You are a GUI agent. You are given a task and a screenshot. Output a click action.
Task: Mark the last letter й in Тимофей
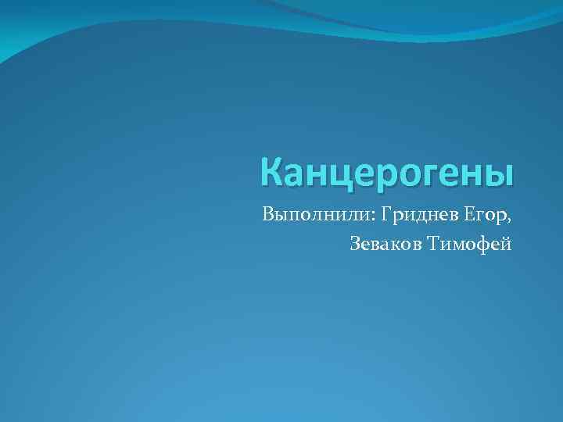[x=507, y=245]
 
